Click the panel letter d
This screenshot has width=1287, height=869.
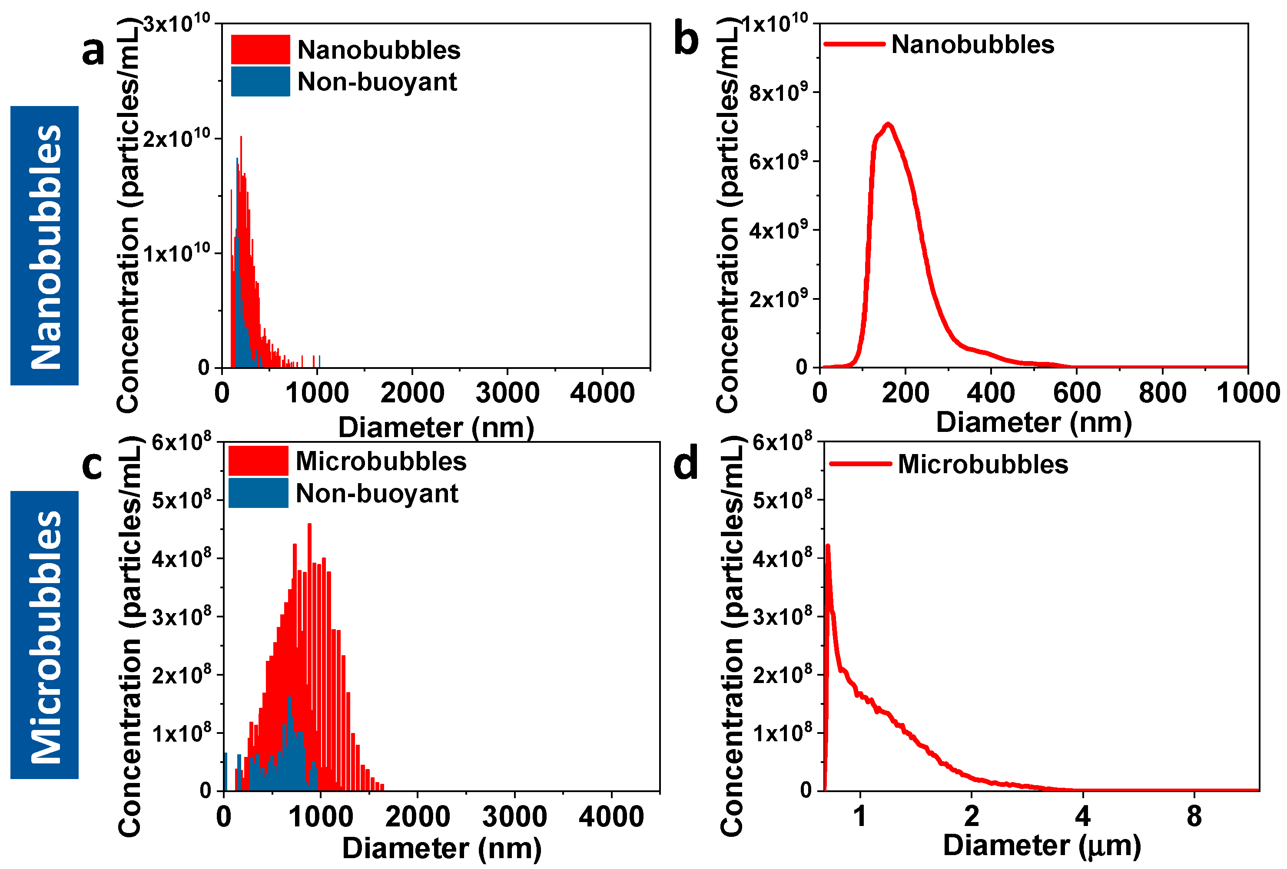686,464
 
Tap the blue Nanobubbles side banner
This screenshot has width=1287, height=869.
44,245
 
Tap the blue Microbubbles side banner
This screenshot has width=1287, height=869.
44,635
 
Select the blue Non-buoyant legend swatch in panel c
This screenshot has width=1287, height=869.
258,493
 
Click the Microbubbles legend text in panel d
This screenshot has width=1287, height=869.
982,464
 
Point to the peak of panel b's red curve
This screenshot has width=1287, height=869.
888,124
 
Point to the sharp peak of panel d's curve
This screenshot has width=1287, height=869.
827,546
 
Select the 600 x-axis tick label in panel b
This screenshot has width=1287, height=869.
1077,393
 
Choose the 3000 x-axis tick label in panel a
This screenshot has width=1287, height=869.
507,393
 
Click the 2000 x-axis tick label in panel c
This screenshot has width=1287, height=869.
418,817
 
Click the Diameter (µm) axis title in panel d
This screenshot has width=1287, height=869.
1042,846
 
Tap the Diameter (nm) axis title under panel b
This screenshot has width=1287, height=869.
1033,423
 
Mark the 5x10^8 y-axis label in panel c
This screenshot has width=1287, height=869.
182,501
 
